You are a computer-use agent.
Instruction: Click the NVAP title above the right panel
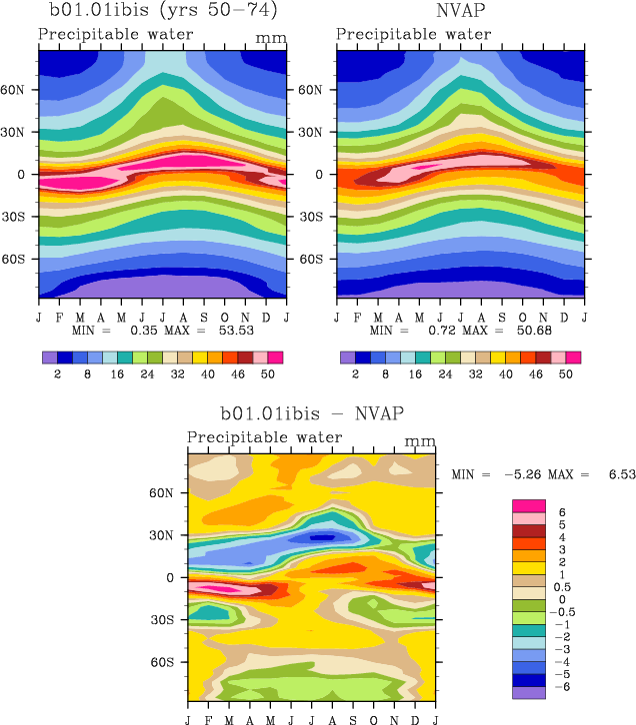[x=460, y=12]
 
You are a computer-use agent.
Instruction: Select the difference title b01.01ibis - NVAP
[x=311, y=413]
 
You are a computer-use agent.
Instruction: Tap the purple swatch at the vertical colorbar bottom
[x=527, y=692]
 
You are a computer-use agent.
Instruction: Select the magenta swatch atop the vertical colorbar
[x=527, y=506]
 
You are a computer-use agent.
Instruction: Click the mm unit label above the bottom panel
[x=420, y=440]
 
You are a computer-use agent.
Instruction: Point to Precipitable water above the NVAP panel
[x=413, y=34]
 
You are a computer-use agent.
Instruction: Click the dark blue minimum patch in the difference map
[x=321, y=537]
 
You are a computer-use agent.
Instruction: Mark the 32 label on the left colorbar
[x=170, y=372]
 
